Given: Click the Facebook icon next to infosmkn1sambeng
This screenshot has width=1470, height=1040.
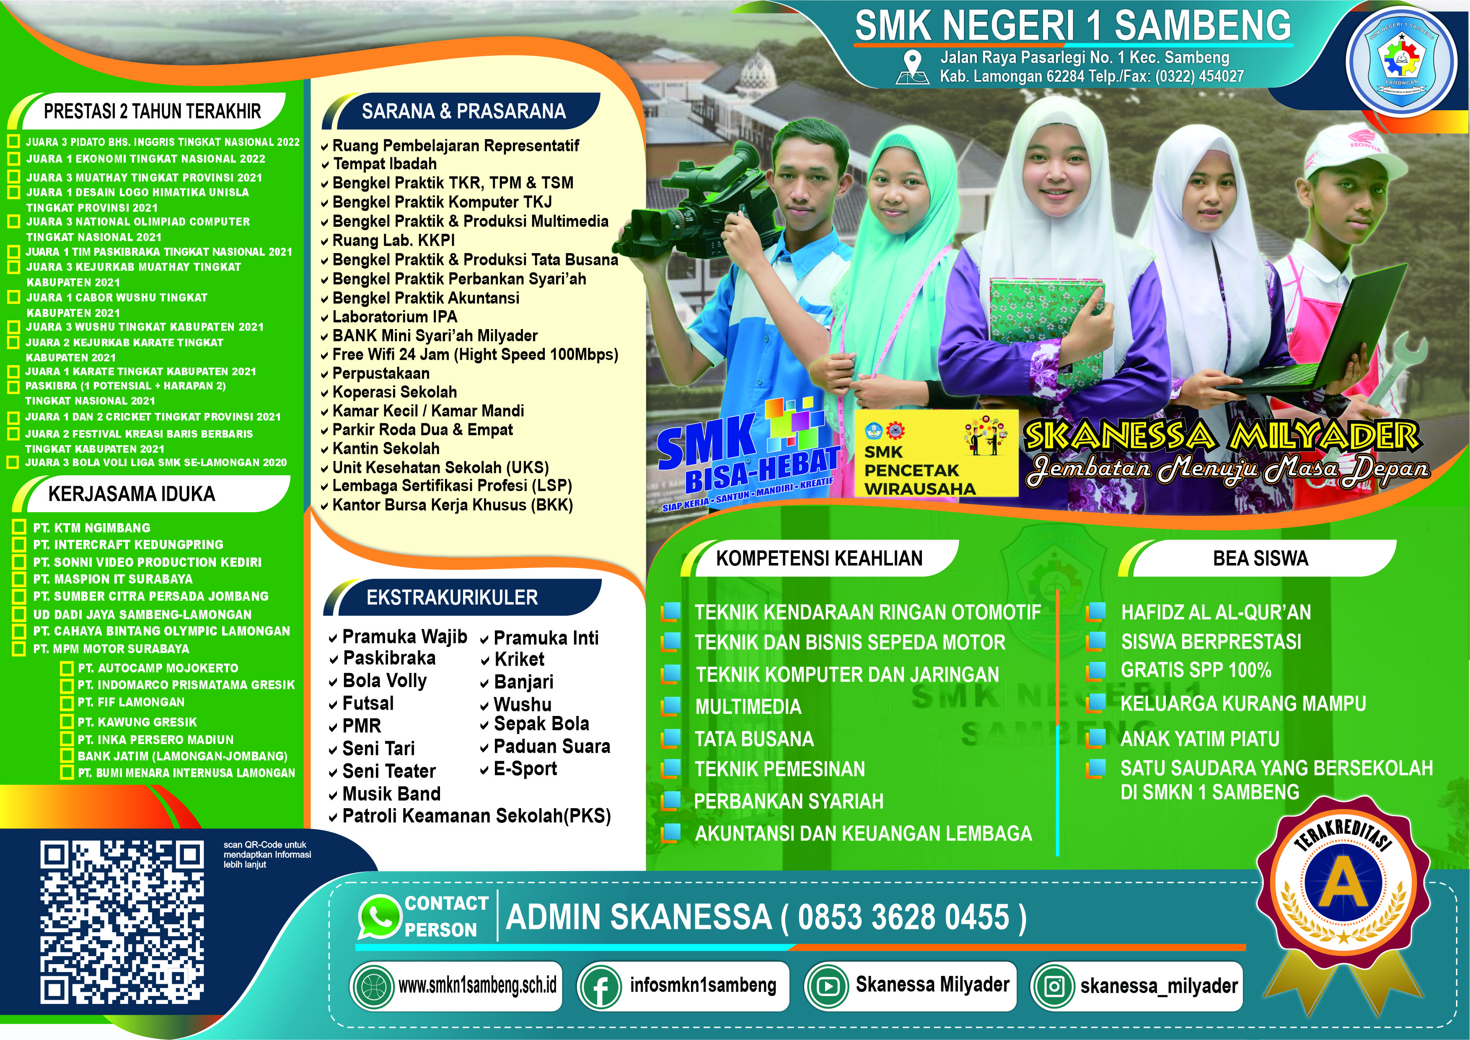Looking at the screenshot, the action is [600, 987].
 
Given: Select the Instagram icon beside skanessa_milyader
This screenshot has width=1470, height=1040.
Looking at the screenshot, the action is [1053, 987].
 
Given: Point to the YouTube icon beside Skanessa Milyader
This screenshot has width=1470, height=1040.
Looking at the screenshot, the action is [826, 987].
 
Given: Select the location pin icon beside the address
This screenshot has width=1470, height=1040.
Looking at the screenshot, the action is [912, 67].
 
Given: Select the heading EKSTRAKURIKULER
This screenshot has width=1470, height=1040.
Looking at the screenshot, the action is [452, 597].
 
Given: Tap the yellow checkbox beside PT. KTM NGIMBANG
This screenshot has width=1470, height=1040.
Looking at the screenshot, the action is [19, 528].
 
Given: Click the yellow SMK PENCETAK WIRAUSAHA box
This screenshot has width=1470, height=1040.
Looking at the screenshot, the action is [936, 454].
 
